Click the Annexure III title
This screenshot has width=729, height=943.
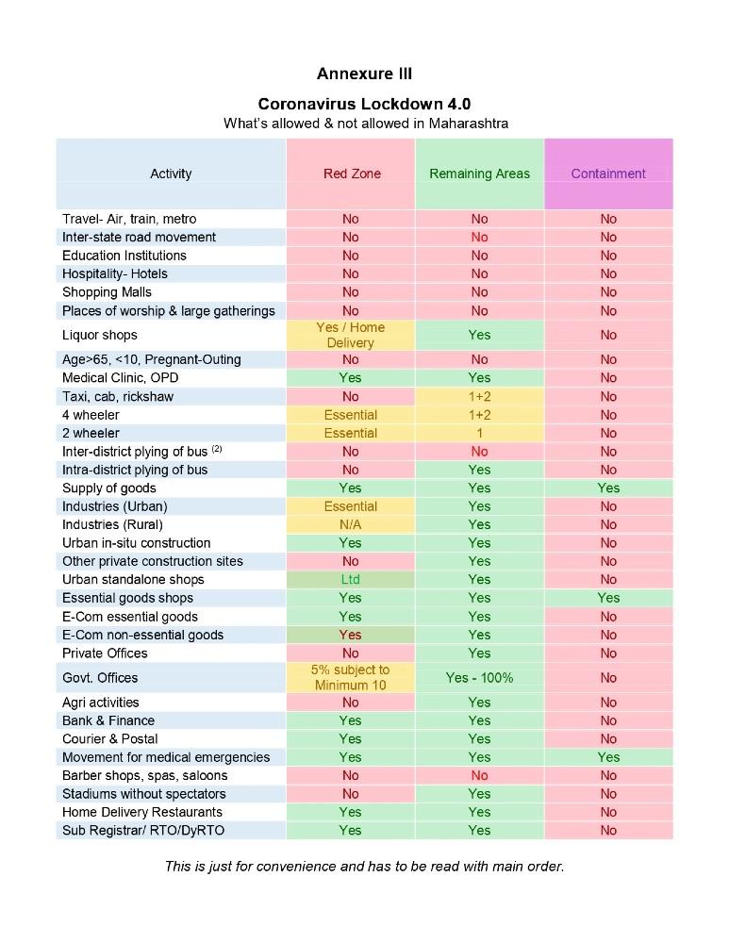[364, 74]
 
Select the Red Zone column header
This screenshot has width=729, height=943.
[351, 174]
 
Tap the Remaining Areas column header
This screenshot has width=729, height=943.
[479, 174]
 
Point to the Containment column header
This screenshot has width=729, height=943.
[608, 174]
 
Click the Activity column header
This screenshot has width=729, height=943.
[171, 174]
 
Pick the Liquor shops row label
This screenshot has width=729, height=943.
[100, 335]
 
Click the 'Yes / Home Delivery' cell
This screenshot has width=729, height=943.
[351, 335]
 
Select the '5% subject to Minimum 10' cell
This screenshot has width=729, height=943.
[351, 677]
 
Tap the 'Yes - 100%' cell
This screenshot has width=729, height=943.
[479, 677]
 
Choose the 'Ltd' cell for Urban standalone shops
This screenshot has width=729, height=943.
[351, 579]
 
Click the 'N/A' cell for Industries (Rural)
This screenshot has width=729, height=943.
[351, 524]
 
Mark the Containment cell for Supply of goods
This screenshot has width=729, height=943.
[608, 488]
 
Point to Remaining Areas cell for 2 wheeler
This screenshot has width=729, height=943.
[479, 433]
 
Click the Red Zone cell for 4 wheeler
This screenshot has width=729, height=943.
[351, 415]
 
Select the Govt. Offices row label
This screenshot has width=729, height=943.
[100, 677]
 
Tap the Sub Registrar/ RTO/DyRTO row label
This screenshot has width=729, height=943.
[143, 830]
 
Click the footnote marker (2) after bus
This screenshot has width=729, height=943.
[216, 449]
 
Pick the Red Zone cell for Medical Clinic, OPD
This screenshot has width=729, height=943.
[351, 377]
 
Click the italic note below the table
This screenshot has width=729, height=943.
[364, 866]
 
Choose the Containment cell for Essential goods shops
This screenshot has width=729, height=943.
[608, 597]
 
